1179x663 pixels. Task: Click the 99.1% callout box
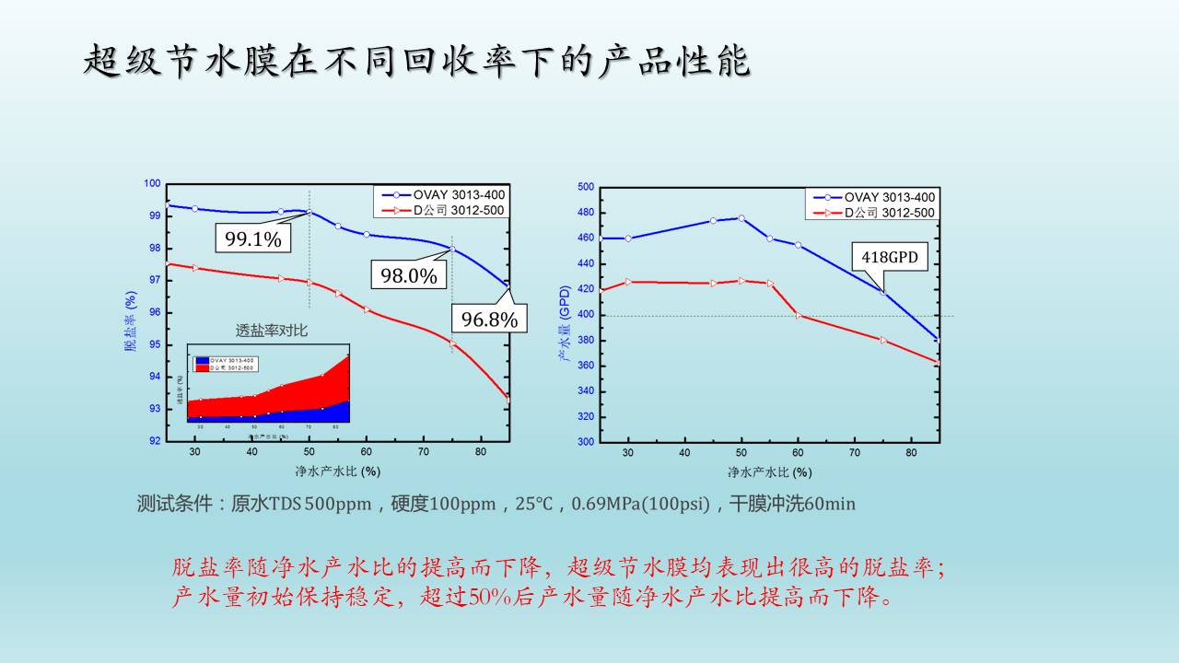point(253,238)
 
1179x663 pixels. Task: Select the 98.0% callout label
point(409,274)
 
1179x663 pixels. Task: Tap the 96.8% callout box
point(489,319)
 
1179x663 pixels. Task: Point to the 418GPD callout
point(890,257)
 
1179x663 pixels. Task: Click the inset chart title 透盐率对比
point(271,331)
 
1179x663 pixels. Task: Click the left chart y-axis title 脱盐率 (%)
point(131,321)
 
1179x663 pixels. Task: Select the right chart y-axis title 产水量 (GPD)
point(565,321)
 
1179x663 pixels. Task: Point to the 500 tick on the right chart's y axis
point(585,187)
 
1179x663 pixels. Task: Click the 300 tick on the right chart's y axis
point(585,441)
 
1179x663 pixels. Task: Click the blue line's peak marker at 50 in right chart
point(741,218)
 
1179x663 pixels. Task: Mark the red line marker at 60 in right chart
point(798,315)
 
